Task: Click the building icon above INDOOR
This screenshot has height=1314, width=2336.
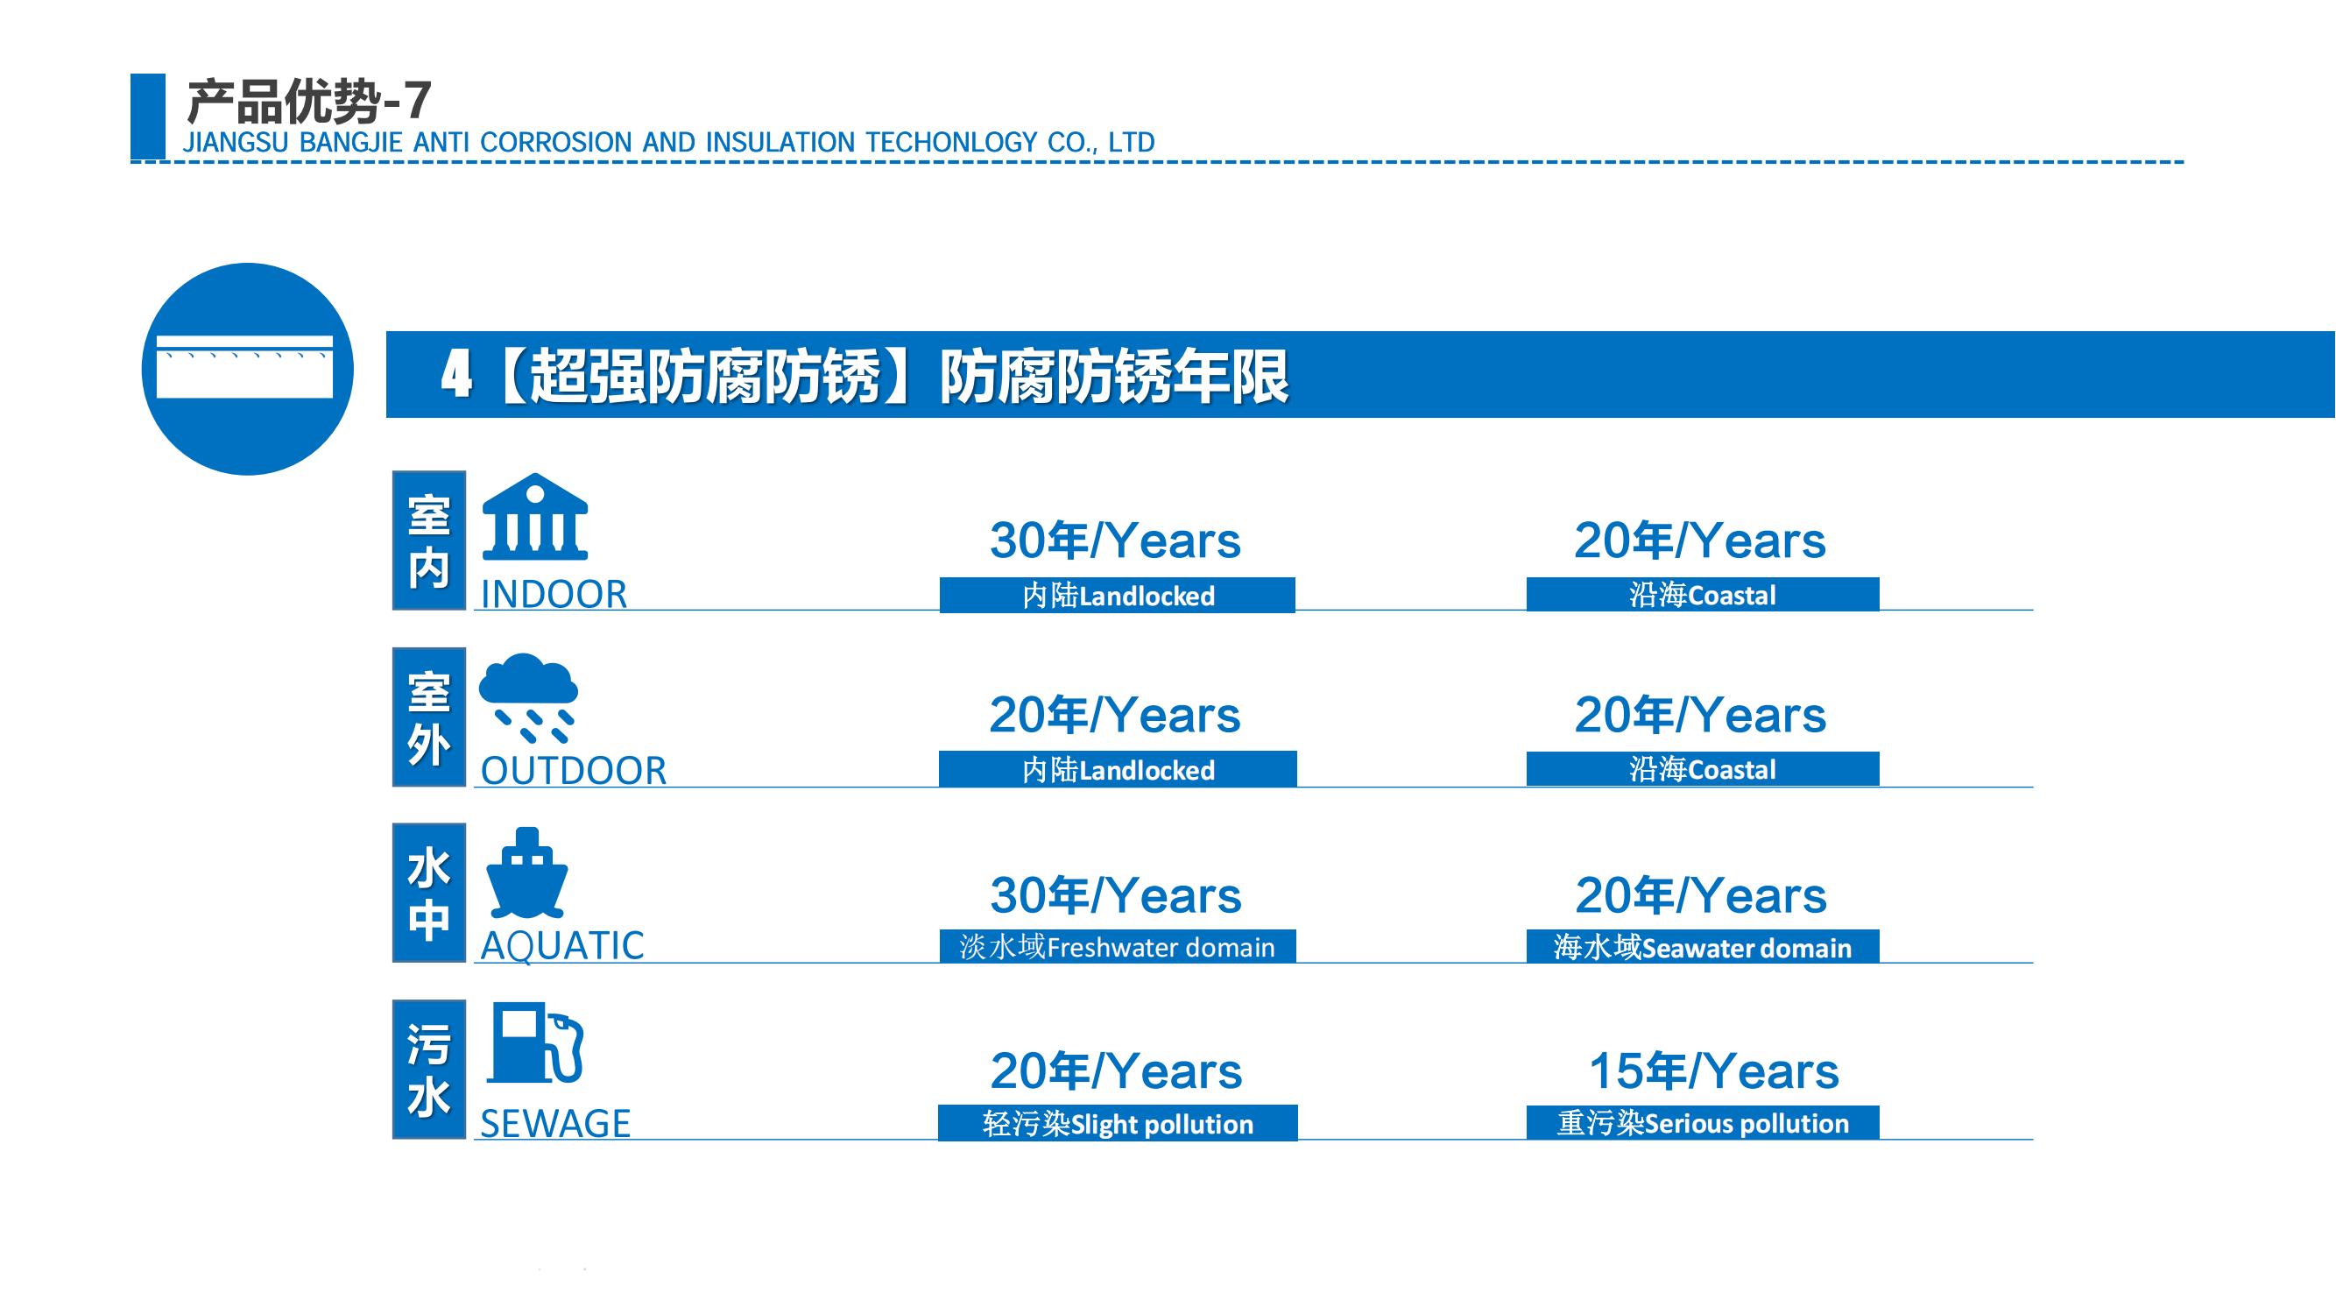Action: (x=535, y=516)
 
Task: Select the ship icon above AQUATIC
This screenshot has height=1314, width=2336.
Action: (x=527, y=872)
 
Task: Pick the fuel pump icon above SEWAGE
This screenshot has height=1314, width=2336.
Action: (x=535, y=1042)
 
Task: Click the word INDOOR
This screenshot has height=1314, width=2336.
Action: (x=554, y=595)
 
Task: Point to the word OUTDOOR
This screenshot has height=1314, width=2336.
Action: (x=573, y=771)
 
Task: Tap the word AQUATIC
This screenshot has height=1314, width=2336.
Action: (x=562, y=946)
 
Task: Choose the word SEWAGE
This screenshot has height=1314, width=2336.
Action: (x=555, y=1124)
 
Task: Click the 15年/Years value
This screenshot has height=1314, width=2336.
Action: (x=1714, y=1071)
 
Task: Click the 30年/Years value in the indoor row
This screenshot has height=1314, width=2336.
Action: (x=1115, y=540)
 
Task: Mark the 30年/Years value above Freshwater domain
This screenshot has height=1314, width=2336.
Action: (x=1115, y=896)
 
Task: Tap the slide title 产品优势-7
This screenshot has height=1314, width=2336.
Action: (x=308, y=101)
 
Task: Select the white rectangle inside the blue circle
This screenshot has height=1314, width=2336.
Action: (x=245, y=367)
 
